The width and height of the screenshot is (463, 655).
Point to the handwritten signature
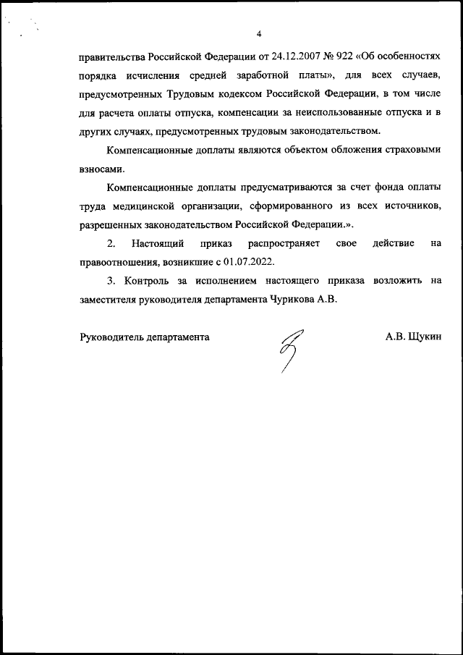pyautogui.click(x=292, y=348)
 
